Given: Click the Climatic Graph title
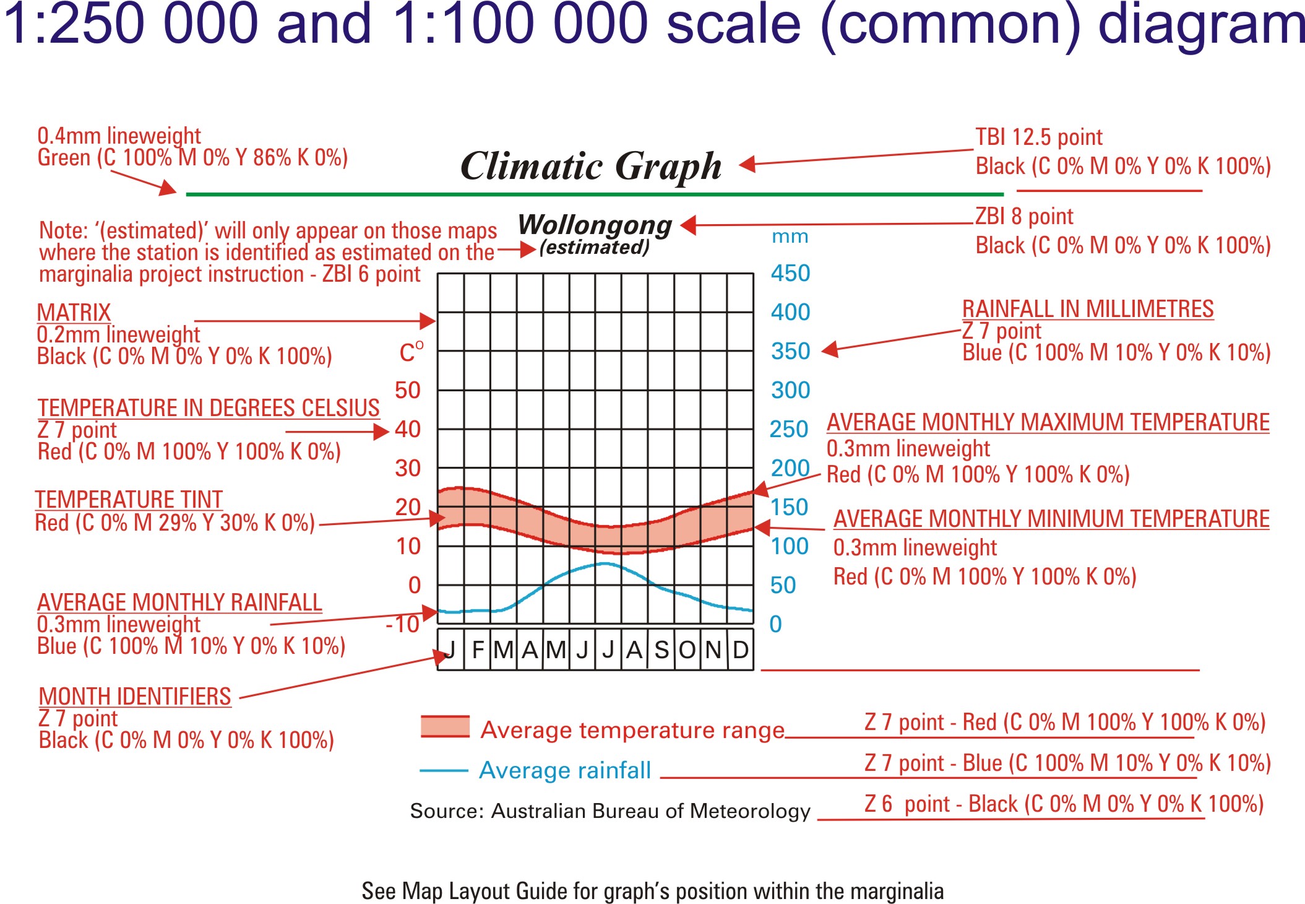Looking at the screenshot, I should tap(591, 167).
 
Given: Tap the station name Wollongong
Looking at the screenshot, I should tap(595, 225).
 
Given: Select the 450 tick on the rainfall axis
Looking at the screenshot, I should tap(790, 273).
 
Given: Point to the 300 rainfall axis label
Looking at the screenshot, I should tap(790, 390).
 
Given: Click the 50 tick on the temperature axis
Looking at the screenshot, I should tap(408, 390).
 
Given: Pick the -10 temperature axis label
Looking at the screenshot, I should tap(403, 624).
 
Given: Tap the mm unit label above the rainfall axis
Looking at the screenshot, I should tap(790, 237).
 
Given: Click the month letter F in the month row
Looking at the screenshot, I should tap(478, 650).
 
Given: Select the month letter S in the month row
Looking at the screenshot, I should tap(661, 650).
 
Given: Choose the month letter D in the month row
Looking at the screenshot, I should tap(741, 650).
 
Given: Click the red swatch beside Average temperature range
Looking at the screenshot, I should tap(445, 726).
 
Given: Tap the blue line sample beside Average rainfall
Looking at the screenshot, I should tap(444, 771).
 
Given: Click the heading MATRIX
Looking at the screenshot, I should tap(74, 313).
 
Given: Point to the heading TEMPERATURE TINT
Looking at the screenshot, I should tap(129, 500).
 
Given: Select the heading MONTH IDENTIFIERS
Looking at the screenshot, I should tap(135, 697).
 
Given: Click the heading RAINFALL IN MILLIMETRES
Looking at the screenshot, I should tap(1088, 309).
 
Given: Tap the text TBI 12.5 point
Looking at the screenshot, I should tap(1039, 137).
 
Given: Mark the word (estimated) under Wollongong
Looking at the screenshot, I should tap(595, 248).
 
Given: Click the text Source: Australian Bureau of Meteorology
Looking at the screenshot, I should tap(610, 811).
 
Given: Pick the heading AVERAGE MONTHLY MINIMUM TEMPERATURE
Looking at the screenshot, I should tap(1051, 519).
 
